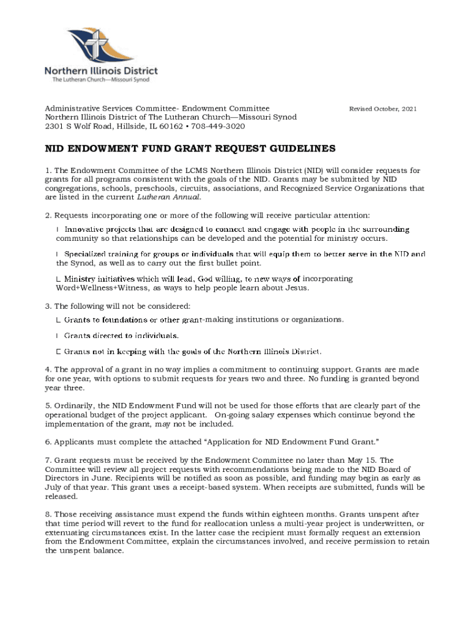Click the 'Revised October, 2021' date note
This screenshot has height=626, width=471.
(382, 109)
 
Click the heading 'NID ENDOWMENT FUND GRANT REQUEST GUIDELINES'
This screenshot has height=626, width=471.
(190, 149)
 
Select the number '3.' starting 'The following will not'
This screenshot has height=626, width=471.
(48, 306)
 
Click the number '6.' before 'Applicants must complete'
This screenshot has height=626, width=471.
(48, 441)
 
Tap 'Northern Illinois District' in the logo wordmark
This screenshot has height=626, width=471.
(101, 71)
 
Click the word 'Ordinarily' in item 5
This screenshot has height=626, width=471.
(73, 405)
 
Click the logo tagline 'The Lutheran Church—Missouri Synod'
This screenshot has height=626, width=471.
(100, 80)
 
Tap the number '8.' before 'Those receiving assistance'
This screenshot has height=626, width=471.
(48, 515)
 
